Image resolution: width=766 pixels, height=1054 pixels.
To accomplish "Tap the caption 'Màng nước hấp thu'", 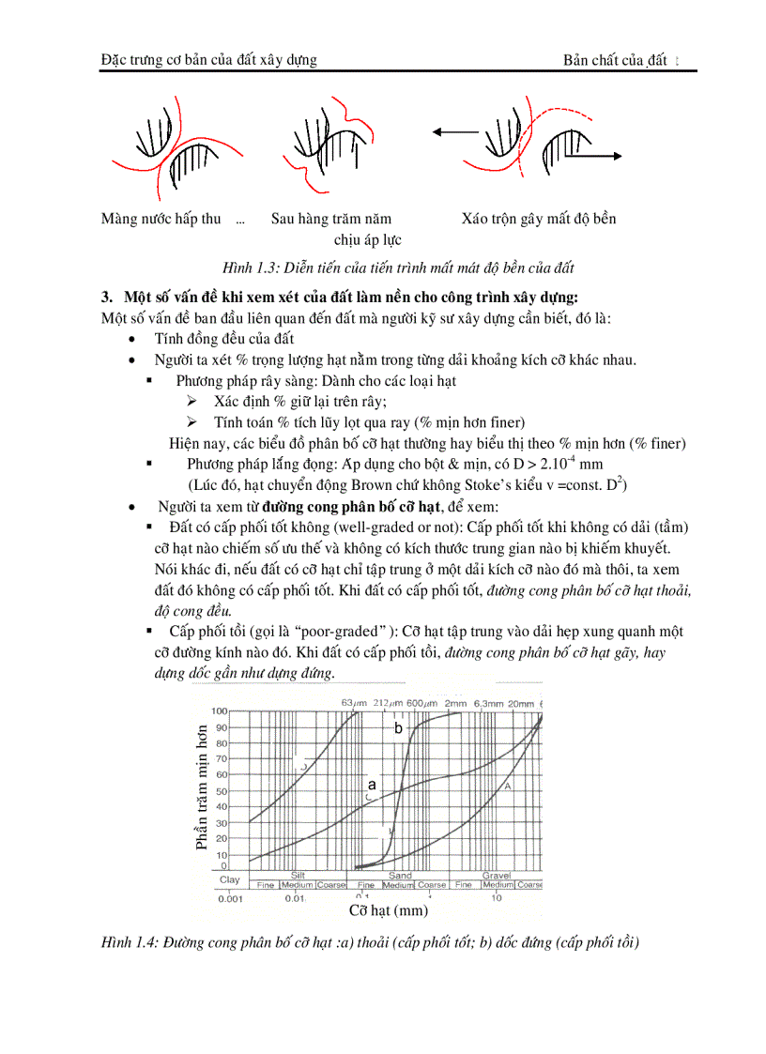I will (161, 219).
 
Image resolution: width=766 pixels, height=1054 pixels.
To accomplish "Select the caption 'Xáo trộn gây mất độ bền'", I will (539, 219).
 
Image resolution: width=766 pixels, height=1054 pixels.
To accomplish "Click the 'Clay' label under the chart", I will (229, 880).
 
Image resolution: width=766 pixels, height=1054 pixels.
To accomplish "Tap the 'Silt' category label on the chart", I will (298, 875).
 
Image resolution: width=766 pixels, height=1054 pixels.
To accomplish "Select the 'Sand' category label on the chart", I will (400, 875).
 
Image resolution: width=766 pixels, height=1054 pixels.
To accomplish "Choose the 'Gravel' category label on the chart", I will (496, 875).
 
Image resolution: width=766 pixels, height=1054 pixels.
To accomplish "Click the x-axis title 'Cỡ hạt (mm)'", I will (388, 910).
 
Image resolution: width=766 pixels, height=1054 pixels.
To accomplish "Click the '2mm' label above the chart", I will (455, 703).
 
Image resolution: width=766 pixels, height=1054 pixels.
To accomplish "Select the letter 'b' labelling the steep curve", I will (398, 727).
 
